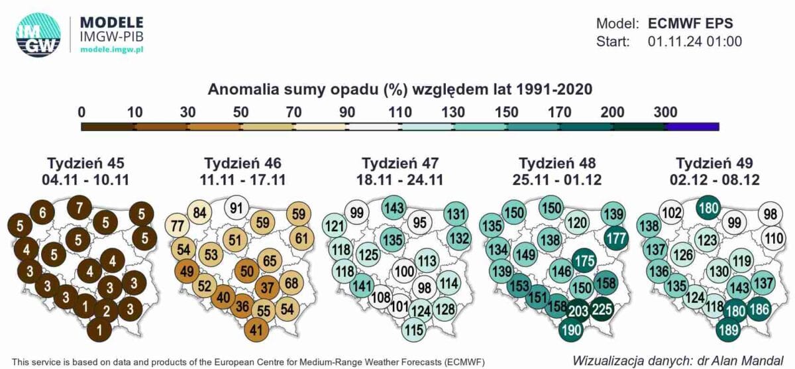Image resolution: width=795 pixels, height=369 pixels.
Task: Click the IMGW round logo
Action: [38, 35]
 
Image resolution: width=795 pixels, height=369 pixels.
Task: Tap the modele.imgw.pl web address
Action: [112, 49]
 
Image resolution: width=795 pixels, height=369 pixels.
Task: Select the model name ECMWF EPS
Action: [690, 23]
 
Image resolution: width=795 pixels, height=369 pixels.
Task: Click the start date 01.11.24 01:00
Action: [694, 42]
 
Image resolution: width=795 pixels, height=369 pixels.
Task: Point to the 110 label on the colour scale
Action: [400, 112]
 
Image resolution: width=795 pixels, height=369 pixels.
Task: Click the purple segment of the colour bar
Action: [692, 127]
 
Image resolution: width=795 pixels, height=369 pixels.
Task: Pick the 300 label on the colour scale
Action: [665, 112]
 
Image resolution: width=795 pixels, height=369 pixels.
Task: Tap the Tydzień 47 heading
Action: [400, 163]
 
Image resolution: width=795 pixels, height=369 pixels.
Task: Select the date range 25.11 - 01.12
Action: [557, 180]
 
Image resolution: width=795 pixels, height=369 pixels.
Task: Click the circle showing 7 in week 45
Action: [79, 207]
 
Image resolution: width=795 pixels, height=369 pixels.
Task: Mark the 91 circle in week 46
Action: [237, 207]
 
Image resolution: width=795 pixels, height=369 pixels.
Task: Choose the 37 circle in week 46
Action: [267, 288]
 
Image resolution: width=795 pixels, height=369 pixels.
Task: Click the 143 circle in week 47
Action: [394, 207]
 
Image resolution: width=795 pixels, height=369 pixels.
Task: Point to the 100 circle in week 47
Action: [404, 272]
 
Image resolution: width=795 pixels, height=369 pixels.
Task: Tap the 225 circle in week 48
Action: [602, 309]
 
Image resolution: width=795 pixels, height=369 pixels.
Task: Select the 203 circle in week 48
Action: [578, 311]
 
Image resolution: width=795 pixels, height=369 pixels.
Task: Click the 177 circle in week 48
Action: [616, 238]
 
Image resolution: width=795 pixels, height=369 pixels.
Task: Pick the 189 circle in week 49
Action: [729, 330]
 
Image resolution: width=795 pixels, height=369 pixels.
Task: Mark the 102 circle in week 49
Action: [672, 213]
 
